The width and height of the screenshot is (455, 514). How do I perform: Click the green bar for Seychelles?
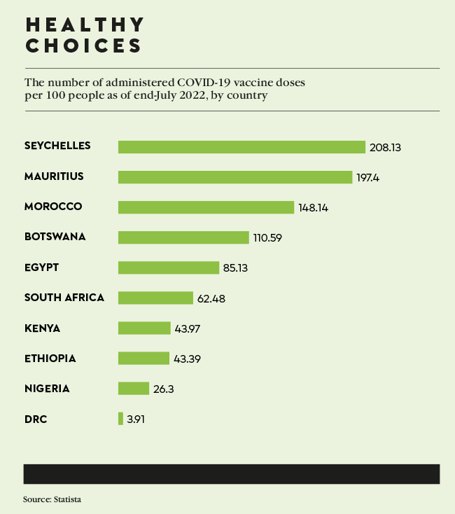click(x=241, y=147)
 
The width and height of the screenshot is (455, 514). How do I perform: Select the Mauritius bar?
click(x=234, y=177)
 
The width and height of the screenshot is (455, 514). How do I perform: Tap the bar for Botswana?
click(x=183, y=237)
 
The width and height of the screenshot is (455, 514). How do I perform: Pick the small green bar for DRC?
click(x=120, y=419)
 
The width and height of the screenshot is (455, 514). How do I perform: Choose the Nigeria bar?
click(x=134, y=389)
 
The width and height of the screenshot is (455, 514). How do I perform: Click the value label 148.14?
click(x=314, y=208)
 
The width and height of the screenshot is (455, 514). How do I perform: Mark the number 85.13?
click(x=237, y=268)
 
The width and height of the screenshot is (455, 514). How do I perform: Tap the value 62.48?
click(x=211, y=298)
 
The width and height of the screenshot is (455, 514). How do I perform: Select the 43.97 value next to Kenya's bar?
click(x=189, y=328)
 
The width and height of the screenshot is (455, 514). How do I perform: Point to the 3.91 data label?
click(x=136, y=419)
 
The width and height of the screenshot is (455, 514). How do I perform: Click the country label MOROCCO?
click(x=53, y=207)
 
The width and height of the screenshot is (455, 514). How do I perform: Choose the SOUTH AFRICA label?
click(x=64, y=298)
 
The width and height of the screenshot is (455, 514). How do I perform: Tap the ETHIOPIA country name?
click(x=50, y=359)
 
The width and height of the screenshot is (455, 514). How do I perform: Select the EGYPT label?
click(x=42, y=268)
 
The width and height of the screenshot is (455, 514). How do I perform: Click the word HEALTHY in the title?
click(x=85, y=25)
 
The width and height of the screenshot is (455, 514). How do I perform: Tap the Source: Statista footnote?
click(x=57, y=499)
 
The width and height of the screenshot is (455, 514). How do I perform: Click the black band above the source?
click(x=232, y=473)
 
